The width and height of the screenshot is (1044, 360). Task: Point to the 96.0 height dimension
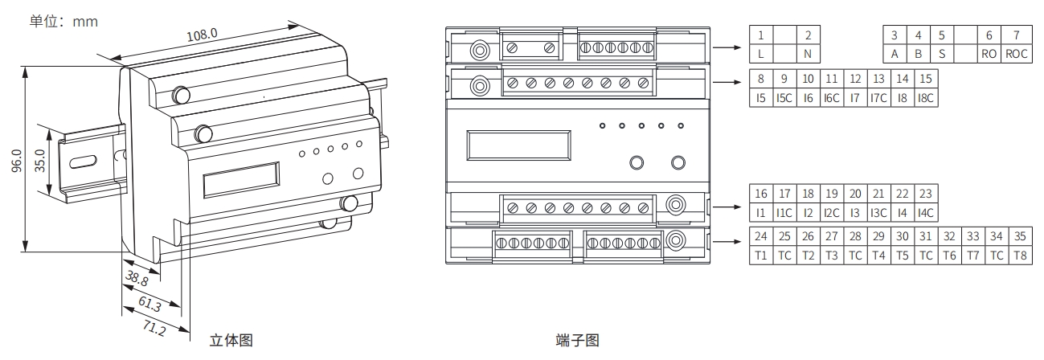(x=18, y=161)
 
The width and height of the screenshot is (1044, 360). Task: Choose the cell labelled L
(x=759, y=54)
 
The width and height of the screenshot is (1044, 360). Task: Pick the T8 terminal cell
(x=1020, y=256)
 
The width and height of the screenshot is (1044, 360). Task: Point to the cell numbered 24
(x=760, y=237)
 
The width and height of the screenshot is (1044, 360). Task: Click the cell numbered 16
(x=760, y=194)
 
